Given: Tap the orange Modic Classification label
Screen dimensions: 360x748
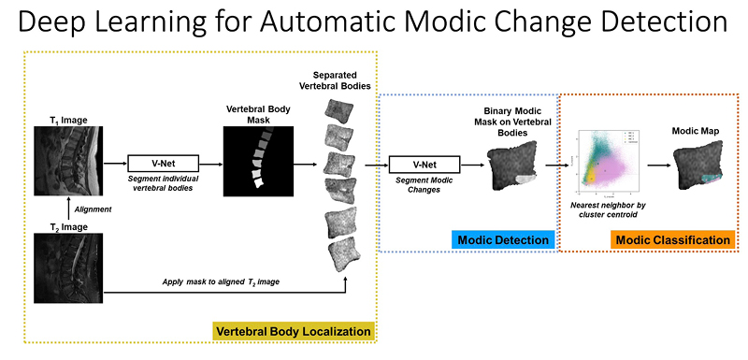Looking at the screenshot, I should pyautogui.click(x=672, y=240).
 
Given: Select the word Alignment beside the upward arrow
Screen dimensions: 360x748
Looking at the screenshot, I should pyautogui.click(x=93, y=209).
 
